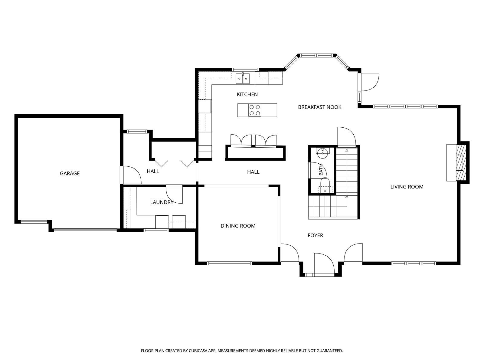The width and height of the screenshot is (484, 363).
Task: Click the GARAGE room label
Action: tap(70, 173)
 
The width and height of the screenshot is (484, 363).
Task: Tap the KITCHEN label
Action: tap(247, 94)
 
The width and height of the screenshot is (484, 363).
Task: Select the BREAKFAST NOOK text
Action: tap(319, 107)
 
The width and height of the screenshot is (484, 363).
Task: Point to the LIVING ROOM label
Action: tap(407, 187)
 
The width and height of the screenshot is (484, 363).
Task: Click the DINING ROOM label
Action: tap(238, 226)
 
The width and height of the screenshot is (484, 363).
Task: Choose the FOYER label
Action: tap(315, 235)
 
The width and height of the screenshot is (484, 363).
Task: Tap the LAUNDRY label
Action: tap(162, 202)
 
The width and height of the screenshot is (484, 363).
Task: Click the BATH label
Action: tap(321, 170)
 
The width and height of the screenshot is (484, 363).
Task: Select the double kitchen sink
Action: tap(243, 78)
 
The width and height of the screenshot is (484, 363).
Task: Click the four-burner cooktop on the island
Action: tap(255, 110)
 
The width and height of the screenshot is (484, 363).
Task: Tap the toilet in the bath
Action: tap(325, 185)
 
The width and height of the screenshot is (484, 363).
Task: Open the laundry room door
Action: tap(174, 195)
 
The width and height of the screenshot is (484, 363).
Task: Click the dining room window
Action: tap(229, 263)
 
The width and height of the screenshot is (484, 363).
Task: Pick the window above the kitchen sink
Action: tap(245, 70)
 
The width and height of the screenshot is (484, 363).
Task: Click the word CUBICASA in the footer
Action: tap(198, 350)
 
